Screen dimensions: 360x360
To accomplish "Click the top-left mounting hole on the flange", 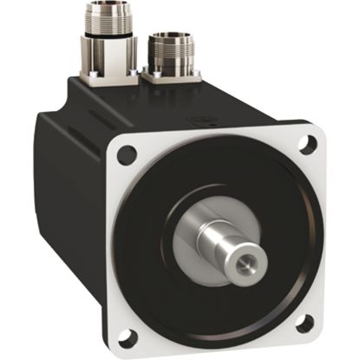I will coord(128,155).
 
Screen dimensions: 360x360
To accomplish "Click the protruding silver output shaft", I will coord(230,247).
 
